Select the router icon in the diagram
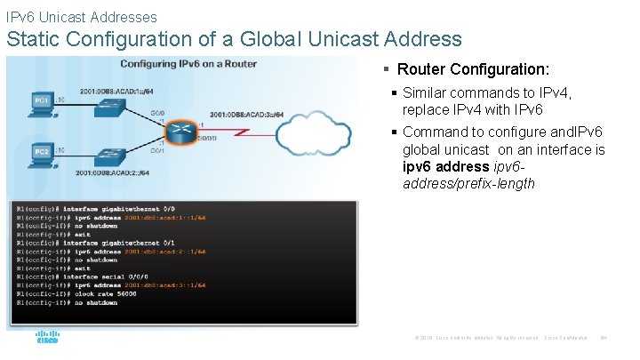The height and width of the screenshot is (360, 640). pyautogui.click(x=182, y=131)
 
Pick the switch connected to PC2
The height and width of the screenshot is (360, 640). pyautogui.click(x=109, y=156)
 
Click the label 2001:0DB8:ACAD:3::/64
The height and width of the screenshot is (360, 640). pyautogui.click(x=247, y=115)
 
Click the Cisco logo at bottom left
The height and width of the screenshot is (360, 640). pyautogui.click(x=46, y=338)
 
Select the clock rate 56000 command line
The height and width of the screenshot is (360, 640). pyautogui.click(x=89, y=293)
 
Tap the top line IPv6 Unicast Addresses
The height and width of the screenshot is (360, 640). pyautogui.click(x=81, y=17)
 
